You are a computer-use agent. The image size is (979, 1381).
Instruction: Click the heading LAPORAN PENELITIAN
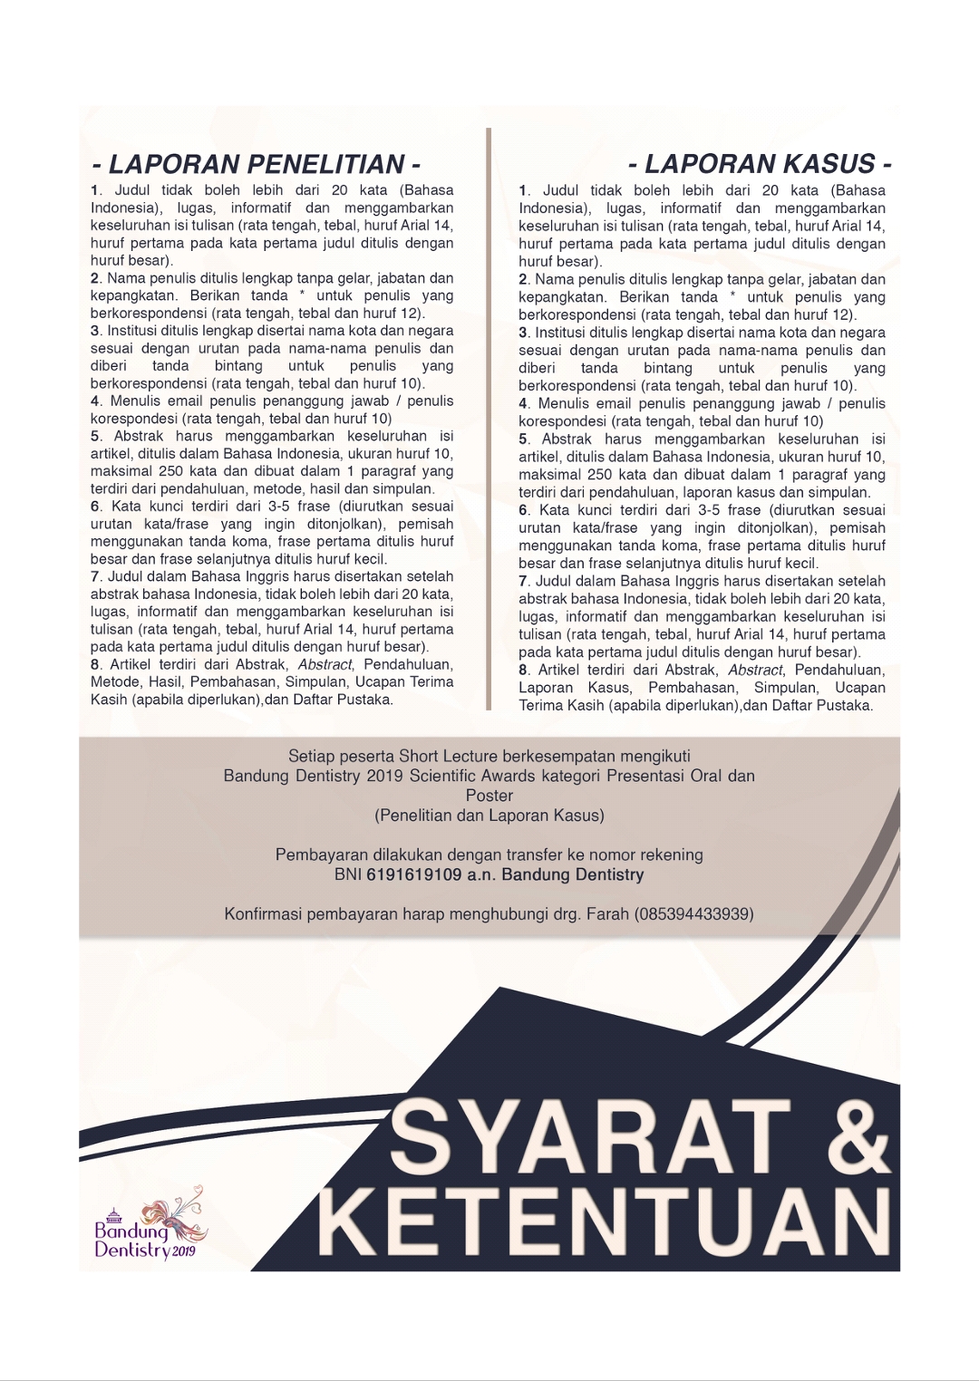pyautogui.click(x=256, y=165)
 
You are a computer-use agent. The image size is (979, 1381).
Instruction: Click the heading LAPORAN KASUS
pyautogui.click(x=760, y=165)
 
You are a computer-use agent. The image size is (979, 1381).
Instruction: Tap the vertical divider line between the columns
pyautogui.click(x=488, y=417)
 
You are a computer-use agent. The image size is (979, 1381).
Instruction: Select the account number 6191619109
pyautogui.click(x=414, y=875)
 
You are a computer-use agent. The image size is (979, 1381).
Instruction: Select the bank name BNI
pyautogui.click(x=348, y=875)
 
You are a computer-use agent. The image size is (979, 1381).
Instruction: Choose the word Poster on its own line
pyautogui.click(x=489, y=796)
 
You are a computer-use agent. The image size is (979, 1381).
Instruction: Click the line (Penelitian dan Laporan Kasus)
pyautogui.click(x=489, y=816)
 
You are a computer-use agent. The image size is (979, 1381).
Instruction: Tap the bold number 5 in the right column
pyautogui.click(x=523, y=439)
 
